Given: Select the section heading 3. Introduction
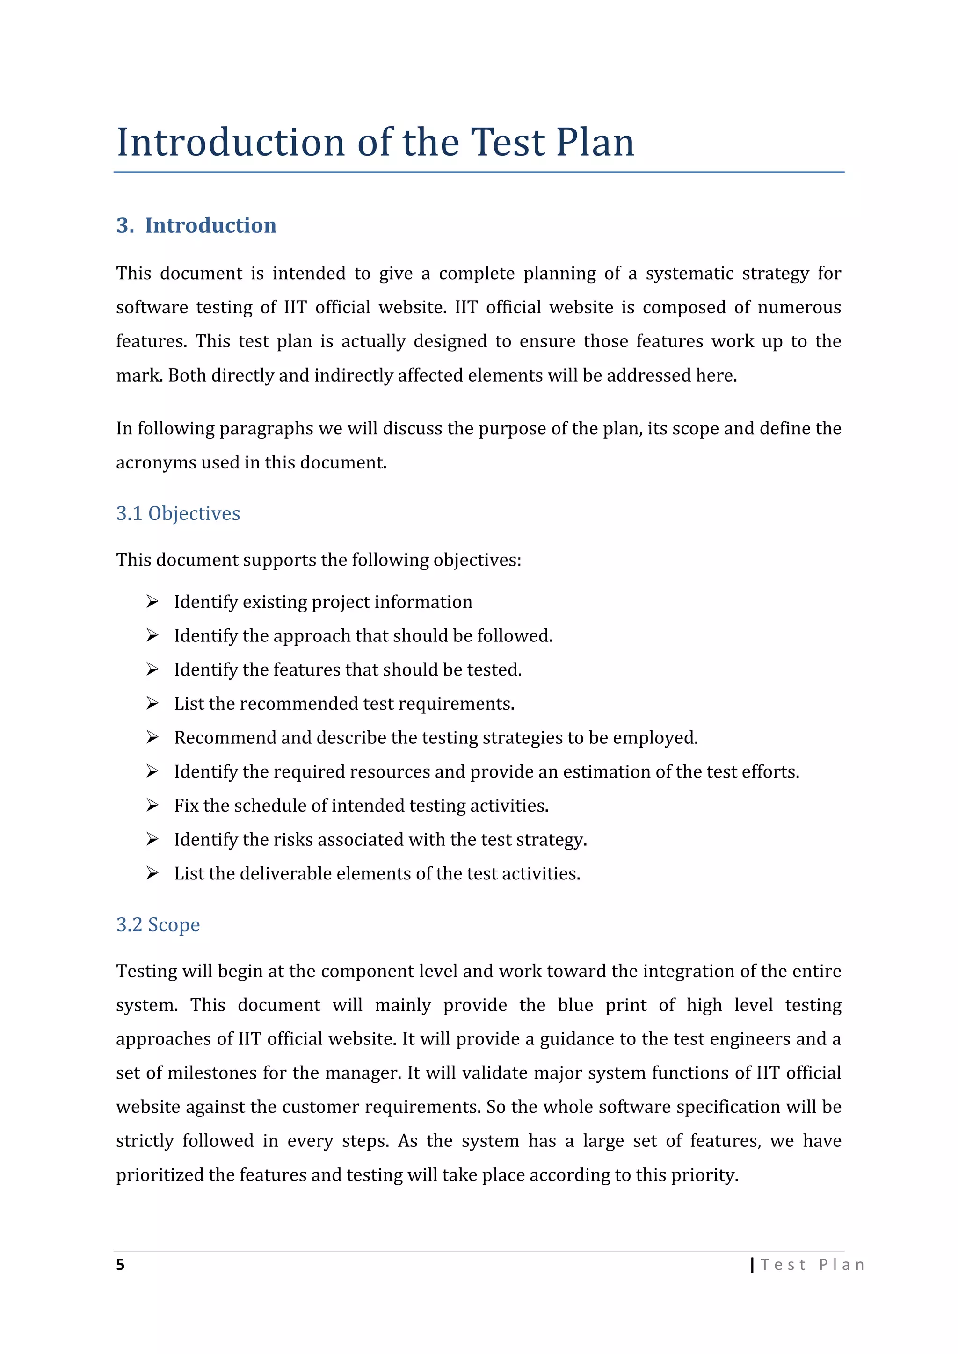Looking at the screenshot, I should pos(196,225).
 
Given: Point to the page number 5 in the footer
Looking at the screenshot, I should pos(120,1264).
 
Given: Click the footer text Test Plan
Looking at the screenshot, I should pos(813,1264).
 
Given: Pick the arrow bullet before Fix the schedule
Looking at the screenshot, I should pos(152,805).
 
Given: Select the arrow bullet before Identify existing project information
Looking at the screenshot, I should pos(152,602).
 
